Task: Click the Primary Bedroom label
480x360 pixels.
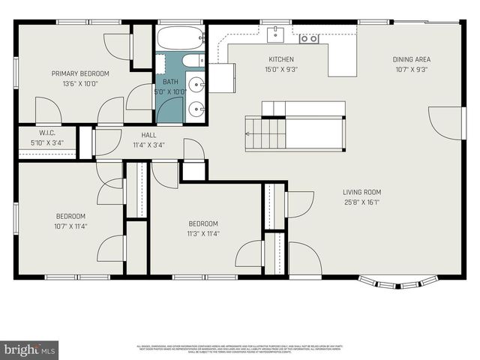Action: (x=80, y=73)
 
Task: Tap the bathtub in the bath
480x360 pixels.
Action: (x=181, y=37)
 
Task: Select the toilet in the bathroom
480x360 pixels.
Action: (x=192, y=61)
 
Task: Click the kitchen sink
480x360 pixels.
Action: (x=275, y=34)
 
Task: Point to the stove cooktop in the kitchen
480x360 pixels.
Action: (x=308, y=38)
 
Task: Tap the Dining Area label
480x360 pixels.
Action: (x=412, y=59)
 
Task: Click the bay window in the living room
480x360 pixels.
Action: (x=397, y=283)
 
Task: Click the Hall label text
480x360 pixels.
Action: (x=148, y=135)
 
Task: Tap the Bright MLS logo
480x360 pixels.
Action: (x=30, y=349)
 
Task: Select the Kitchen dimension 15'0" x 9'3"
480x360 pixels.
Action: (x=281, y=69)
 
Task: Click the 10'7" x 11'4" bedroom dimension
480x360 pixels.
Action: (x=70, y=226)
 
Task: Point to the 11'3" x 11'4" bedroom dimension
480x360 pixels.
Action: (x=203, y=233)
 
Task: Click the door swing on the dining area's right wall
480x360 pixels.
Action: (x=447, y=123)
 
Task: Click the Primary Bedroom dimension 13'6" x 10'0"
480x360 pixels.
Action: (x=80, y=83)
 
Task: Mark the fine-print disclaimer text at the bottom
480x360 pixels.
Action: (x=239, y=349)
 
